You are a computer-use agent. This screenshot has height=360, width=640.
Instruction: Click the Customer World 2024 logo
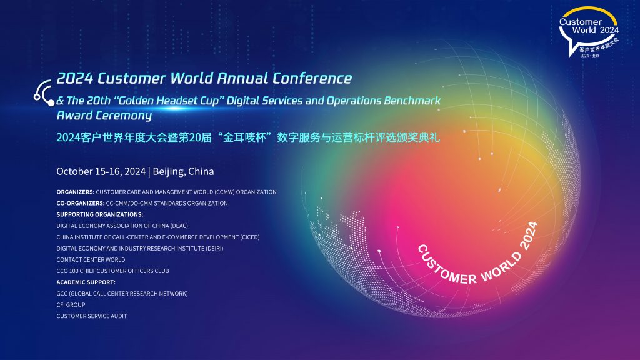(x=589, y=31)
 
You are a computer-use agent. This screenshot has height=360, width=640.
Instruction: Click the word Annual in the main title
(x=242, y=78)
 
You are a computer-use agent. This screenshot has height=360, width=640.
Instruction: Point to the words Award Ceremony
(x=104, y=116)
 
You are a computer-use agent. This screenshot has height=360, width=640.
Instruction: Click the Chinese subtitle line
(x=248, y=137)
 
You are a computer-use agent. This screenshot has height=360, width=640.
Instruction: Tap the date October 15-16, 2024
(x=101, y=171)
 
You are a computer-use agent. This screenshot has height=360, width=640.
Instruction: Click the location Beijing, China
(x=183, y=171)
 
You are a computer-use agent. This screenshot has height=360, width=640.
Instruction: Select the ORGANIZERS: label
(x=76, y=192)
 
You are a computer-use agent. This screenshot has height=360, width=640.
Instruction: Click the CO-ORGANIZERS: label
(x=81, y=203)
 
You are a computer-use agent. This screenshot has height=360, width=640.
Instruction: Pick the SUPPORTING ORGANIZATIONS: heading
(x=100, y=214)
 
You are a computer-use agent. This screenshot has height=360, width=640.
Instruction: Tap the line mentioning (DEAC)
(x=122, y=226)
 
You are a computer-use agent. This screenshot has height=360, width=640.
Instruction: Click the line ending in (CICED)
(x=158, y=237)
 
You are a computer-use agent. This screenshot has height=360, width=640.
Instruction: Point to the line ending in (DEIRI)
(x=139, y=248)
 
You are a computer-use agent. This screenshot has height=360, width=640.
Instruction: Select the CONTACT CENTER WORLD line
(x=91, y=259)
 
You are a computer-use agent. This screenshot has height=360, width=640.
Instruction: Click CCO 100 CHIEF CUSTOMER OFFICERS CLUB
(x=112, y=271)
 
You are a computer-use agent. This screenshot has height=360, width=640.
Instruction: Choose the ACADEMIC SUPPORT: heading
(x=86, y=282)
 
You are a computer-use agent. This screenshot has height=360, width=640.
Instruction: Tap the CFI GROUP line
(x=71, y=305)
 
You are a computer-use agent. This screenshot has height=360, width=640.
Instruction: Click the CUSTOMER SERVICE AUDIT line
(x=91, y=316)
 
